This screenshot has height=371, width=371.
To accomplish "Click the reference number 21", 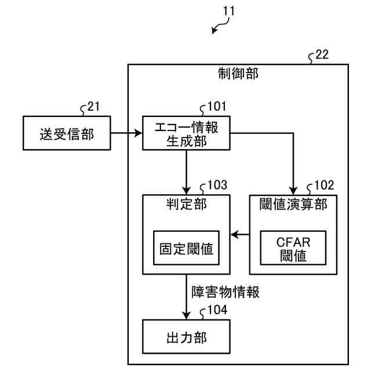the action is pyautogui.click(x=93, y=106).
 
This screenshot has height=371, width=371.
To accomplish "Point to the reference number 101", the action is pyautogui.click(x=217, y=106).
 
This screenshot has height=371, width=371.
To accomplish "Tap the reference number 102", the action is pyautogui.click(x=324, y=185).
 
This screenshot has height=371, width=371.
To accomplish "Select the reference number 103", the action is pyautogui.click(x=217, y=185).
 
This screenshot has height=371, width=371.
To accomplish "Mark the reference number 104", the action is pyautogui.click(x=217, y=310).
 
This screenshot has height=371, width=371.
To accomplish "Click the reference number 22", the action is pyautogui.click(x=322, y=54).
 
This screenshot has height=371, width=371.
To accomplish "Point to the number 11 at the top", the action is pyautogui.click(x=229, y=11).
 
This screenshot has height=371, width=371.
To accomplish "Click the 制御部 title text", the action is pyautogui.click(x=238, y=74).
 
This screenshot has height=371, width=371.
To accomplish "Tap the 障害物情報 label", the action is pyautogui.click(x=225, y=292).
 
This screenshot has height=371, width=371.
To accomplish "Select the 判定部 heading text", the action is pyautogui.click(x=186, y=204).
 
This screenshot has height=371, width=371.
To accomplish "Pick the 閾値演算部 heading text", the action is pyautogui.click(x=293, y=204).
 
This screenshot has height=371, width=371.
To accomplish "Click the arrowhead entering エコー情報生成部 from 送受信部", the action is pyautogui.click(x=138, y=133).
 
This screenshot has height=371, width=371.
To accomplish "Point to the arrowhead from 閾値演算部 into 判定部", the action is pyautogui.click(x=234, y=235).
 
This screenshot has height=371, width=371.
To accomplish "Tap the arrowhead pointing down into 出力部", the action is pyautogui.click(x=186, y=315).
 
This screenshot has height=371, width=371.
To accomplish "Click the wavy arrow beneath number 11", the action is pyautogui.click(x=221, y=26).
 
